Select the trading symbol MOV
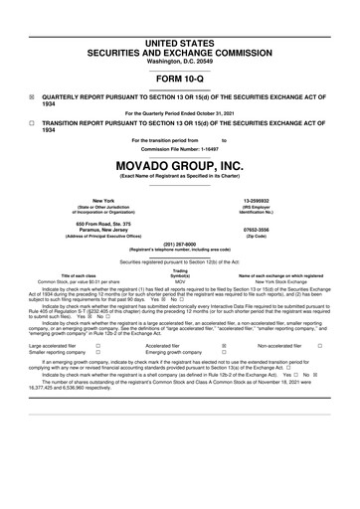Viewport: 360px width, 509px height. [x=180, y=281]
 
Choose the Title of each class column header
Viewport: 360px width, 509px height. [x=83, y=274]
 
